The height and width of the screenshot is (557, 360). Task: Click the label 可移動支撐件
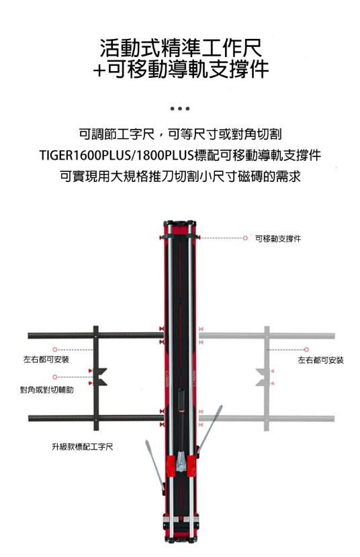[277, 239]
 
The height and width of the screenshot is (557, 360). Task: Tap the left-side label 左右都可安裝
[46, 360]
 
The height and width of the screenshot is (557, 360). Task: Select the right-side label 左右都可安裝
[320, 360]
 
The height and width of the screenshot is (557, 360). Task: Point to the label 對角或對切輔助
[47, 390]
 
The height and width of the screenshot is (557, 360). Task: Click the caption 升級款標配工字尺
[83, 447]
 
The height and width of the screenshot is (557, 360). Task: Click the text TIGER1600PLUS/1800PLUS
[117, 156]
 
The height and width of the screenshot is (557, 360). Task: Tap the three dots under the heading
[180, 108]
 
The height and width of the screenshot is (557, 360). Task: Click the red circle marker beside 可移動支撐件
[245, 238]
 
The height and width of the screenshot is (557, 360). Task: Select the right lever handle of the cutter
[210, 429]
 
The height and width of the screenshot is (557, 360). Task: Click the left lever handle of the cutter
[155, 465]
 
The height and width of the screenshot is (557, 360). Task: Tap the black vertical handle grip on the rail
[181, 400]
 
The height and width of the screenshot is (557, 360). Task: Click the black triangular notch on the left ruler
[101, 377]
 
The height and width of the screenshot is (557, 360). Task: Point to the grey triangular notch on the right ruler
[261, 377]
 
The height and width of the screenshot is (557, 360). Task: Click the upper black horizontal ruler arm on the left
[95, 335]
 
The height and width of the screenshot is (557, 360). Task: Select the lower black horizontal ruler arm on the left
[95, 418]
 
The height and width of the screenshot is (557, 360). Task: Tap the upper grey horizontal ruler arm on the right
[267, 336]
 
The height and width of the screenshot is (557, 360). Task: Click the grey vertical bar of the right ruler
[267, 378]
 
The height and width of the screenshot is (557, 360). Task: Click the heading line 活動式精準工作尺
[181, 48]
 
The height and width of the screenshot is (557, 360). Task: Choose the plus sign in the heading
[99, 70]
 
